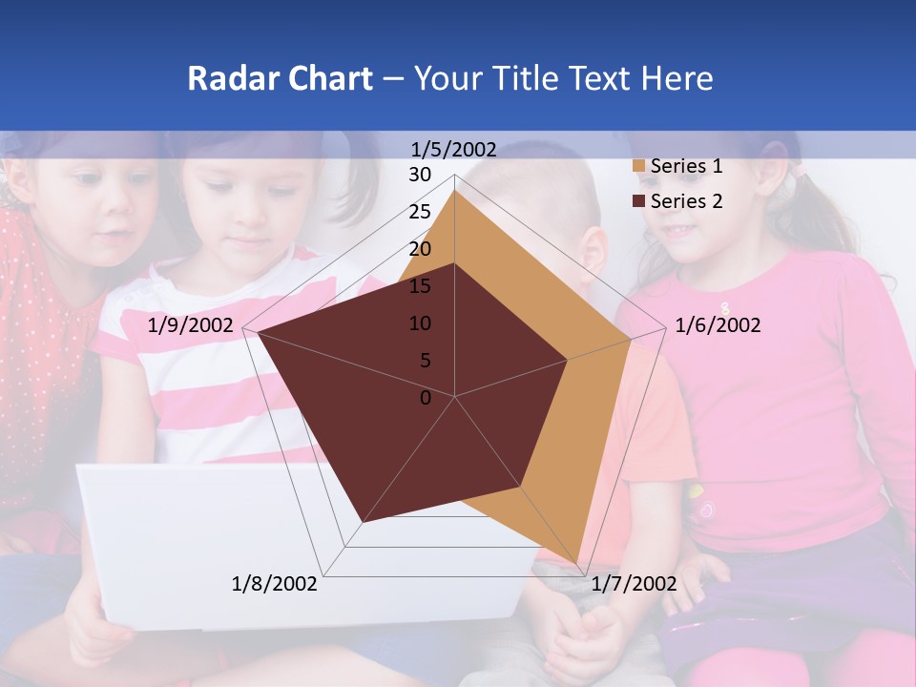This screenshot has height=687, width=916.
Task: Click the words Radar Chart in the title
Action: click(280, 78)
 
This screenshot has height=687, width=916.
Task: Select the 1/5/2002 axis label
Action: click(453, 149)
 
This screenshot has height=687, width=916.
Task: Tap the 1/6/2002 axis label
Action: click(718, 325)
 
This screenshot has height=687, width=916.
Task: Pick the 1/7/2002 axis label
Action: click(634, 584)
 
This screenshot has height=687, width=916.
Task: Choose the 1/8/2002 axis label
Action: click(275, 584)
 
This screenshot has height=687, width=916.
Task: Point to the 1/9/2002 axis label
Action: click(191, 325)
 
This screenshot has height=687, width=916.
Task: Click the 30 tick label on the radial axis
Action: click(420, 175)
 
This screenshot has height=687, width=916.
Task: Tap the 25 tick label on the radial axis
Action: click(420, 212)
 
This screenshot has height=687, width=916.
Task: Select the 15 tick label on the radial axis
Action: click(420, 286)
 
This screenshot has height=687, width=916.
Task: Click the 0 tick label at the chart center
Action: click(426, 398)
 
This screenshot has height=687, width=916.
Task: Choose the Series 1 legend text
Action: click(686, 166)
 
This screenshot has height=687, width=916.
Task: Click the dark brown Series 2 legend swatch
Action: click(638, 201)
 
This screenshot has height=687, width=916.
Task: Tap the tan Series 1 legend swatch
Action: click(638, 167)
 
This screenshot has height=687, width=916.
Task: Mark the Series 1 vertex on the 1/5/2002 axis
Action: click(454, 190)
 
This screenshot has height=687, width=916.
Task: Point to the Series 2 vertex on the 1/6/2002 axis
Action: click(567, 360)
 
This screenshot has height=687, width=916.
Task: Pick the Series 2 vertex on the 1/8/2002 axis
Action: click(363, 522)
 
